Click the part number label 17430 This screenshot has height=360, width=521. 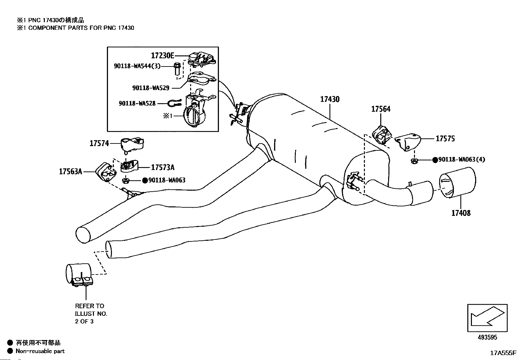tap(330, 100)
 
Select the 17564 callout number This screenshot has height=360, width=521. tap(381, 109)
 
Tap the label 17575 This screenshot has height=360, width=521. tap(445, 139)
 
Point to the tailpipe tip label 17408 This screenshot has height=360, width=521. tap(461, 213)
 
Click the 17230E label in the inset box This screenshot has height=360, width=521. tap(163, 55)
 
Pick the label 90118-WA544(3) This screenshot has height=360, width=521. tap(137, 66)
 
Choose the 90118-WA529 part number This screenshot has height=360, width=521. tap(151, 88)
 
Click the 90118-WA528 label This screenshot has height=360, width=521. tap(137, 104)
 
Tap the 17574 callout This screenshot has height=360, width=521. tap(99, 143)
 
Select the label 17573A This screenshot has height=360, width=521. tap(163, 167)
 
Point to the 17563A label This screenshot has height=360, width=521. tap(70, 172)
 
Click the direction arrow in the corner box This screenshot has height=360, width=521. tap(487, 316)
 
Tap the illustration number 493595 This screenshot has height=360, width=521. tap(487, 337)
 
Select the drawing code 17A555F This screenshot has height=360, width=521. tap(503, 353)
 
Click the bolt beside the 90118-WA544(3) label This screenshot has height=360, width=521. tap(177, 69)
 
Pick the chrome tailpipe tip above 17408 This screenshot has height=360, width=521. tap(457, 182)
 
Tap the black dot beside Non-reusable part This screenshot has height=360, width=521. tap(10, 351)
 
